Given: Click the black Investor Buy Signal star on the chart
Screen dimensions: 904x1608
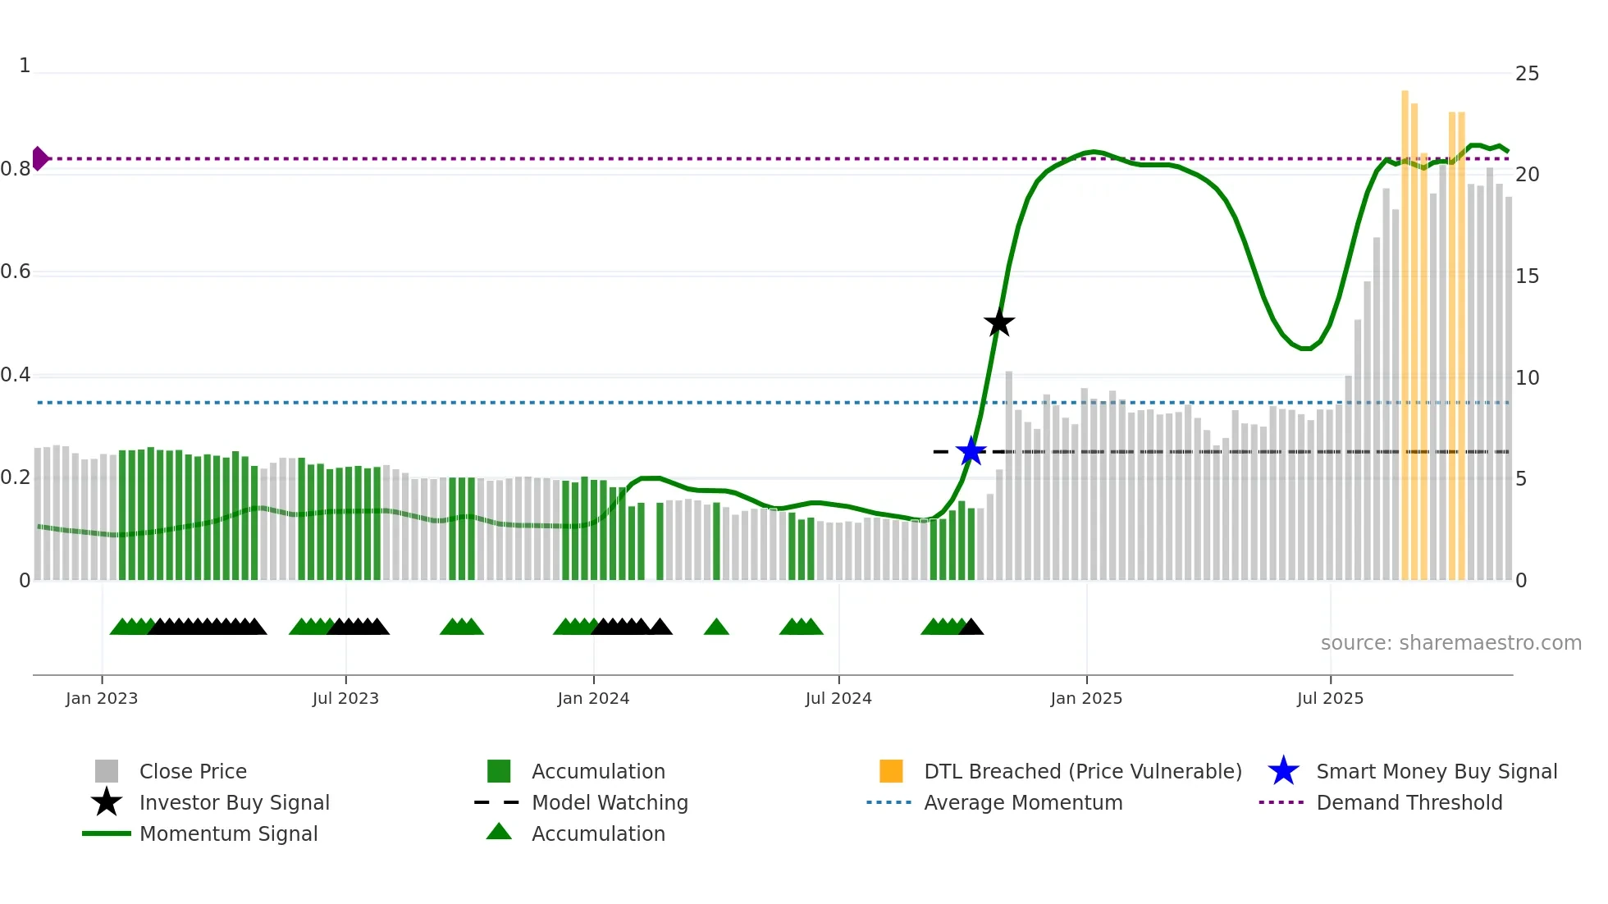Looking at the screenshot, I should click(x=998, y=322).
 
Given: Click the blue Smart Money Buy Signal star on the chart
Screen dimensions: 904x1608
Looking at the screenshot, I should click(x=971, y=451).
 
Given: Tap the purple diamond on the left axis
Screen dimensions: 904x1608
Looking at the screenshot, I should click(x=39, y=158).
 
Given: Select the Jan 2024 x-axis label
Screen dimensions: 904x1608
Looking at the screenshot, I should click(x=593, y=698).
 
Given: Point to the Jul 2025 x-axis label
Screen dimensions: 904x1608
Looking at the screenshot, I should click(x=1330, y=698).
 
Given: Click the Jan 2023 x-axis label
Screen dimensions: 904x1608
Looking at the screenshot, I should click(x=102, y=698).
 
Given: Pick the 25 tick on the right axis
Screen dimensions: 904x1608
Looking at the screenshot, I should click(x=1527, y=74).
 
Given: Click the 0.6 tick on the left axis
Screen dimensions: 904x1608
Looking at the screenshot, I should click(x=16, y=272).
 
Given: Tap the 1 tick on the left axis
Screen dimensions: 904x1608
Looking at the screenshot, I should click(x=25, y=66).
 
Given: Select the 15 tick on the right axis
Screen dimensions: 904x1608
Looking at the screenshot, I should click(x=1527, y=276).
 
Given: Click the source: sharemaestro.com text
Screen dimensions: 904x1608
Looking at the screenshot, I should click(x=1450, y=643).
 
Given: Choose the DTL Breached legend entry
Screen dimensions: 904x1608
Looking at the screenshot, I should click(x=1082, y=771).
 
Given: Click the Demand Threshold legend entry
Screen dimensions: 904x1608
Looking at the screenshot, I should click(x=1409, y=802).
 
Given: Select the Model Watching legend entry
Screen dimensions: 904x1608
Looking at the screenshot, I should click(x=609, y=802).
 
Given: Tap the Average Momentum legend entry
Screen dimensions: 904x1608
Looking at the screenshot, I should click(x=1022, y=802).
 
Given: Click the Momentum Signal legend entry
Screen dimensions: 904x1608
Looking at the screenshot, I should click(x=228, y=833).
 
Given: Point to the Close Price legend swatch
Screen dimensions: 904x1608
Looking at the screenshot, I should click(x=107, y=771).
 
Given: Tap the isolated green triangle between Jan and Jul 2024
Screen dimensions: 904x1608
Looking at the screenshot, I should click(x=716, y=627).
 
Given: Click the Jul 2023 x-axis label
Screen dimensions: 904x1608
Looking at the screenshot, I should click(x=345, y=698).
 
